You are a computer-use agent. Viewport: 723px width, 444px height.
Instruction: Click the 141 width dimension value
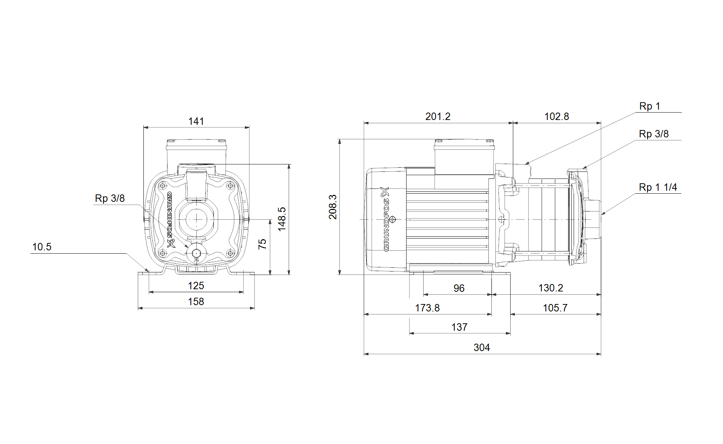[x=196, y=121]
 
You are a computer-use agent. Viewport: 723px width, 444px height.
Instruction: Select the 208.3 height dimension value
[x=333, y=207]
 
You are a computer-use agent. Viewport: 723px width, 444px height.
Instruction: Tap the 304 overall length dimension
[x=482, y=347]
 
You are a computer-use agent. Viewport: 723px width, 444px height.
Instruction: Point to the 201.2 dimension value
[x=438, y=116]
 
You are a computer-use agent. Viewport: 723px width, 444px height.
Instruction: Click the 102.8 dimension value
[x=556, y=116]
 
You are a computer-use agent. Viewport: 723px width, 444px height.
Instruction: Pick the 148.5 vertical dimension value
[x=282, y=219]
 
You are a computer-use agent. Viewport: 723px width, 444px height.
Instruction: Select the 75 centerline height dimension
[x=262, y=244]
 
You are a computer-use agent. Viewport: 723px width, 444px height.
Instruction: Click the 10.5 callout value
[x=42, y=247]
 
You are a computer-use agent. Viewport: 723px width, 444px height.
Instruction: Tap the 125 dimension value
[x=196, y=286]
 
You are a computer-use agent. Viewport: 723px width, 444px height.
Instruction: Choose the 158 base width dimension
[x=196, y=301]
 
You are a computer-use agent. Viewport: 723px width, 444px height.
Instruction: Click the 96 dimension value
[x=459, y=288]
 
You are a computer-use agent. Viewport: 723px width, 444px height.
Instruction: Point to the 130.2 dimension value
[x=551, y=288]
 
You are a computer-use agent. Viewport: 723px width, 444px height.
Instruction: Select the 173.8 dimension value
[x=427, y=308]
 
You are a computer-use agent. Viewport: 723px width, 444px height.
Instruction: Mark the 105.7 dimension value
[x=555, y=308]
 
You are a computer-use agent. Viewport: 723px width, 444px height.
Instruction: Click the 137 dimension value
[x=459, y=327]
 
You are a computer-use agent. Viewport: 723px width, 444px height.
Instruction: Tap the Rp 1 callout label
[x=650, y=106]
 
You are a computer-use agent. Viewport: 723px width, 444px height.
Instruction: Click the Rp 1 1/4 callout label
[x=658, y=187]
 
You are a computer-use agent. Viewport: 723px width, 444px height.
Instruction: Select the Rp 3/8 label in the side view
[x=654, y=134]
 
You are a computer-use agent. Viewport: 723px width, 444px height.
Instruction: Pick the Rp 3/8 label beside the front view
[x=110, y=198]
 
